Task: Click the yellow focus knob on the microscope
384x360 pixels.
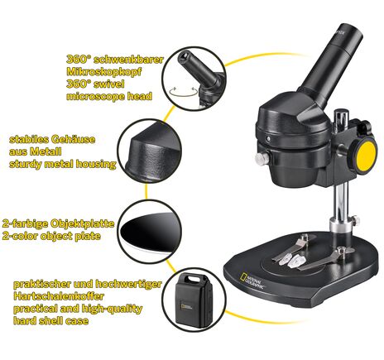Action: coord(366,155)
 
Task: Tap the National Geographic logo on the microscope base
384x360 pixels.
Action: coord(252,281)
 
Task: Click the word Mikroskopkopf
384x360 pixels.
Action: coord(104,72)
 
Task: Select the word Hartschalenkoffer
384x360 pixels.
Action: coord(59,296)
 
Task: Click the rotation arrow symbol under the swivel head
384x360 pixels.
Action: coord(184,92)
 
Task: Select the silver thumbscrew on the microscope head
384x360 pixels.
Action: coord(262,158)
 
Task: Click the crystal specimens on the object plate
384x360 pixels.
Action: coord(291,260)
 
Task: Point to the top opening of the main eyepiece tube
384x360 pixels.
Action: coord(349,29)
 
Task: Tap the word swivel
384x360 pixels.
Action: coord(108,84)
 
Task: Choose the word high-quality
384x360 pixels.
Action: coord(111,309)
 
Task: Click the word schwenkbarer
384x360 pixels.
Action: coord(130,60)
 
